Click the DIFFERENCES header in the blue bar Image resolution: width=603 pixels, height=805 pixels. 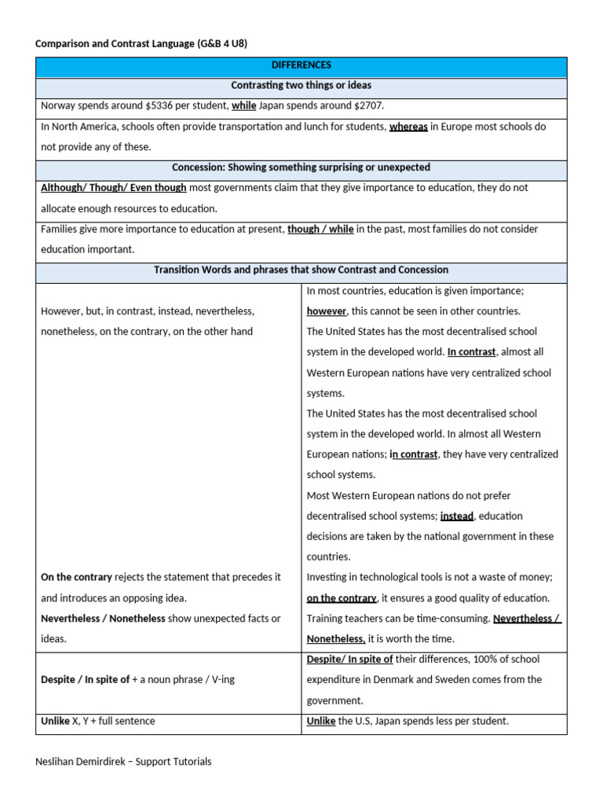pyautogui.click(x=301, y=65)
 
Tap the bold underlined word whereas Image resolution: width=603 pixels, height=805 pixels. pyautogui.click(x=408, y=127)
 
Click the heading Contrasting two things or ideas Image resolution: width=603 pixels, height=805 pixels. pyautogui.click(x=301, y=86)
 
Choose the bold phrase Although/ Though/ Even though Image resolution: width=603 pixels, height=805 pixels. pyautogui.click(x=113, y=188)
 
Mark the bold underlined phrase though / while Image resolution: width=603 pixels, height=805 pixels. pyautogui.click(x=320, y=229)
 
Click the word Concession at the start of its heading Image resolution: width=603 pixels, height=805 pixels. pyautogui.click(x=198, y=167)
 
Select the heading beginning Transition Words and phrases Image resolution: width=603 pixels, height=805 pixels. pyautogui.click(x=301, y=270)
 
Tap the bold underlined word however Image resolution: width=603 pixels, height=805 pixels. pyautogui.click(x=326, y=311)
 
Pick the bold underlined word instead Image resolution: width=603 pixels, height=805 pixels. pyautogui.click(x=457, y=516)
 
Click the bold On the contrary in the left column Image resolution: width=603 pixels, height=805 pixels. pyautogui.click(x=76, y=577)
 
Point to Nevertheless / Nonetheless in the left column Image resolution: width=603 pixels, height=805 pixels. pyautogui.click(x=103, y=619)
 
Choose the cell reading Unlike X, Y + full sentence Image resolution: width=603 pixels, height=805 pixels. pyautogui.click(x=97, y=721)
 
